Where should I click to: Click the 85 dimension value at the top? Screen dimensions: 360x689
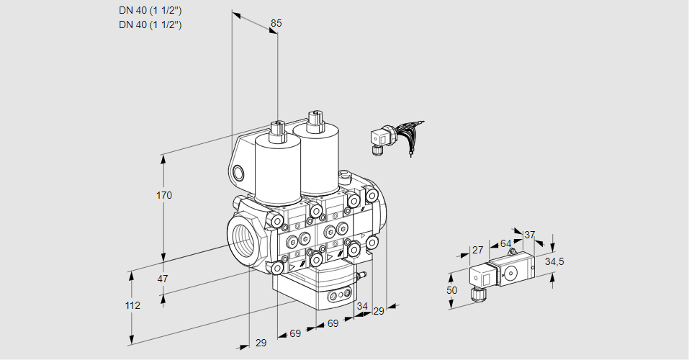(276, 23)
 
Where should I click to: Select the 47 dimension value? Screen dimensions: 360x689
(163, 279)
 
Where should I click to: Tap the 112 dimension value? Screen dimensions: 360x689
(132, 305)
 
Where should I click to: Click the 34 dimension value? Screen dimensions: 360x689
(362, 307)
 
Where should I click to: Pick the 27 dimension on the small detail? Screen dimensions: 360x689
(477, 250)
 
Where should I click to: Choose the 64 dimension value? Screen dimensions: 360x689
(505, 243)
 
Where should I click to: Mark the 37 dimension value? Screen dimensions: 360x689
(529, 235)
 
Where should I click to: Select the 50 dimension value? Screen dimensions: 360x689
(451, 290)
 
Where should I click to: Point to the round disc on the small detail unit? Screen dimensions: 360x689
(512, 273)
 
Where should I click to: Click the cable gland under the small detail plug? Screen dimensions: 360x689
(474, 292)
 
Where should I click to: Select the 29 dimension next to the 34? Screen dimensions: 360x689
(379, 311)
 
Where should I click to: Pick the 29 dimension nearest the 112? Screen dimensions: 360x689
(261, 343)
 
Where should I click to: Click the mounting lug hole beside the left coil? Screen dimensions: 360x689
(239, 172)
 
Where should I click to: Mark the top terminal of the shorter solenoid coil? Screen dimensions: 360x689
(277, 129)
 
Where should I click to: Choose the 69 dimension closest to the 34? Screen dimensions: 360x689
(333, 324)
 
